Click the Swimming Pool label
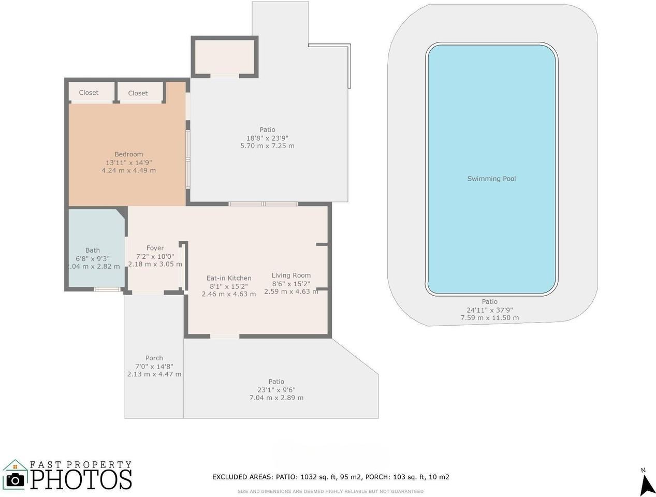[x=491, y=179]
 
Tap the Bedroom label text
[x=128, y=154]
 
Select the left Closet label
[x=89, y=93]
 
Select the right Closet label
[x=138, y=93]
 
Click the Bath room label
[x=93, y=250]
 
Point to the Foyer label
[x=155, y=248]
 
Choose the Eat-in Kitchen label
[x=229, y=278]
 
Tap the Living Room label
[x=291, y=275]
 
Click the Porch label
[x=154, y=358]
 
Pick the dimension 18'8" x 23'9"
[x=267, y=138]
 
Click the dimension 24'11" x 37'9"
[x=489, y=310]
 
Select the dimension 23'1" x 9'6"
[x=276, y=390]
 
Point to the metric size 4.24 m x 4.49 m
[x=128, y=170]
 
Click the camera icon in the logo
[x=15, y=480]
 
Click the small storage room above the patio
[x=224, y=57]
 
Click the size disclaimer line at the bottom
[x=330, y=491]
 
